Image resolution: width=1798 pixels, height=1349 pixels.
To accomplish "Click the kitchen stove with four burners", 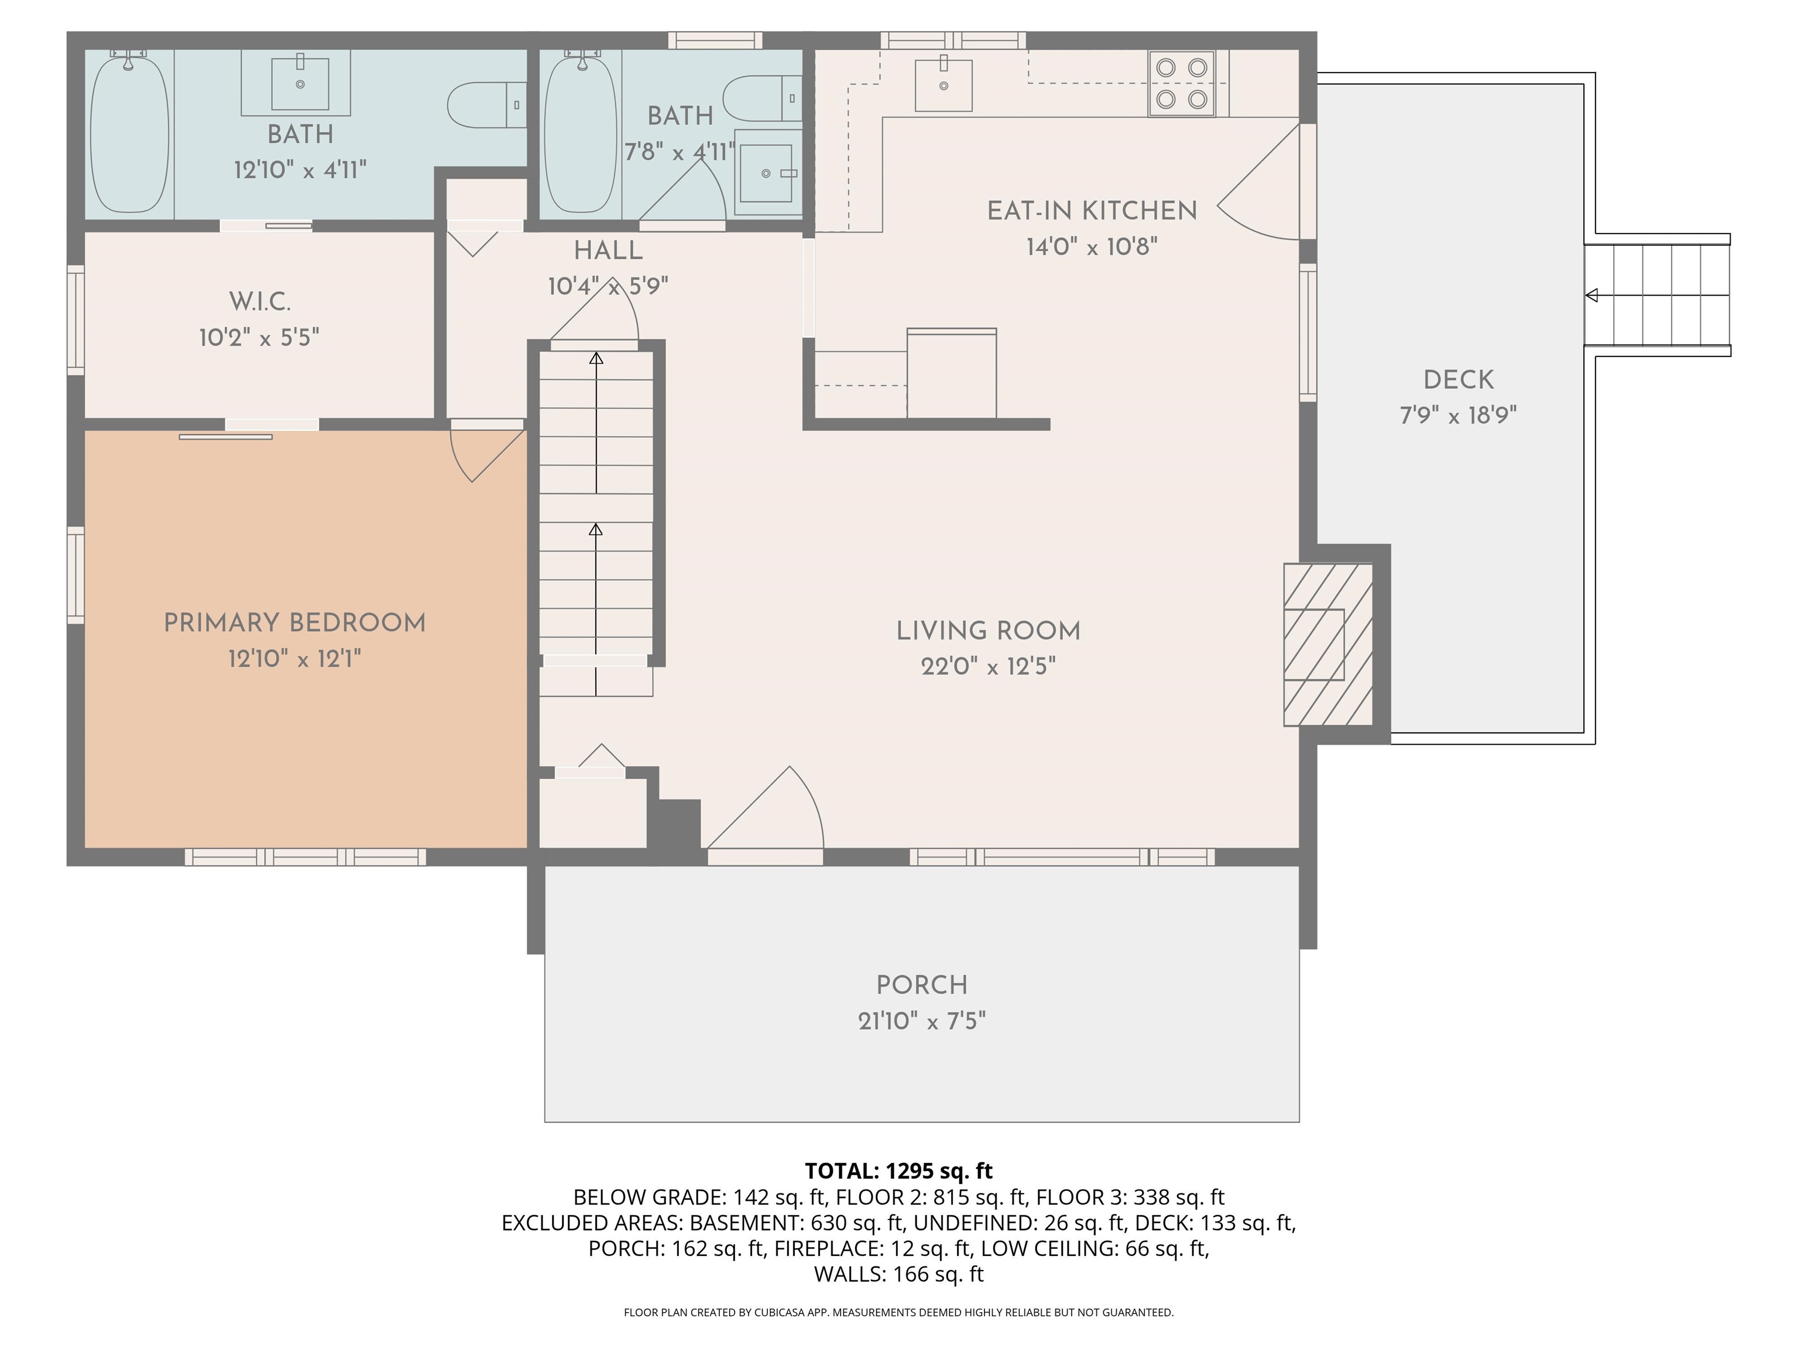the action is click(x=1181, y=84).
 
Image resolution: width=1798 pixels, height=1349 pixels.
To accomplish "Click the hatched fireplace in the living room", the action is click(x=1328, y=644).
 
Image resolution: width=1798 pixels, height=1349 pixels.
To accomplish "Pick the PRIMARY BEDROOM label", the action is click(x=294, y=623).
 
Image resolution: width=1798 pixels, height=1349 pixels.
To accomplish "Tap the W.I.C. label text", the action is click(x=259, y=302).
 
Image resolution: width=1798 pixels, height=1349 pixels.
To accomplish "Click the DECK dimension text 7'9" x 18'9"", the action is click(x=1458, y=416).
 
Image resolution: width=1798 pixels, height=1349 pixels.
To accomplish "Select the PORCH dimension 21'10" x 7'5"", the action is click(x=922, y=1021).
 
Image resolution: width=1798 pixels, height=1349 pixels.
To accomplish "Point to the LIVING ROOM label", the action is click(x=989, y=631).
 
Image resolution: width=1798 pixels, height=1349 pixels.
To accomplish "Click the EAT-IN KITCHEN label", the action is click(x=1092, y=211).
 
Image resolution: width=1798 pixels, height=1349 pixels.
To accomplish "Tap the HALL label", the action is click(x=608, y=251).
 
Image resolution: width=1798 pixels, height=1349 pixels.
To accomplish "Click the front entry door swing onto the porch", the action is click(x=765, y=808).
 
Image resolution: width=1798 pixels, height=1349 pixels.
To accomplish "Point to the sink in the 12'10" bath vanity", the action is click(x=300, y=83).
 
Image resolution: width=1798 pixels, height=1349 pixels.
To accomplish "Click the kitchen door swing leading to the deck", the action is click(x=1258, y=182).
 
